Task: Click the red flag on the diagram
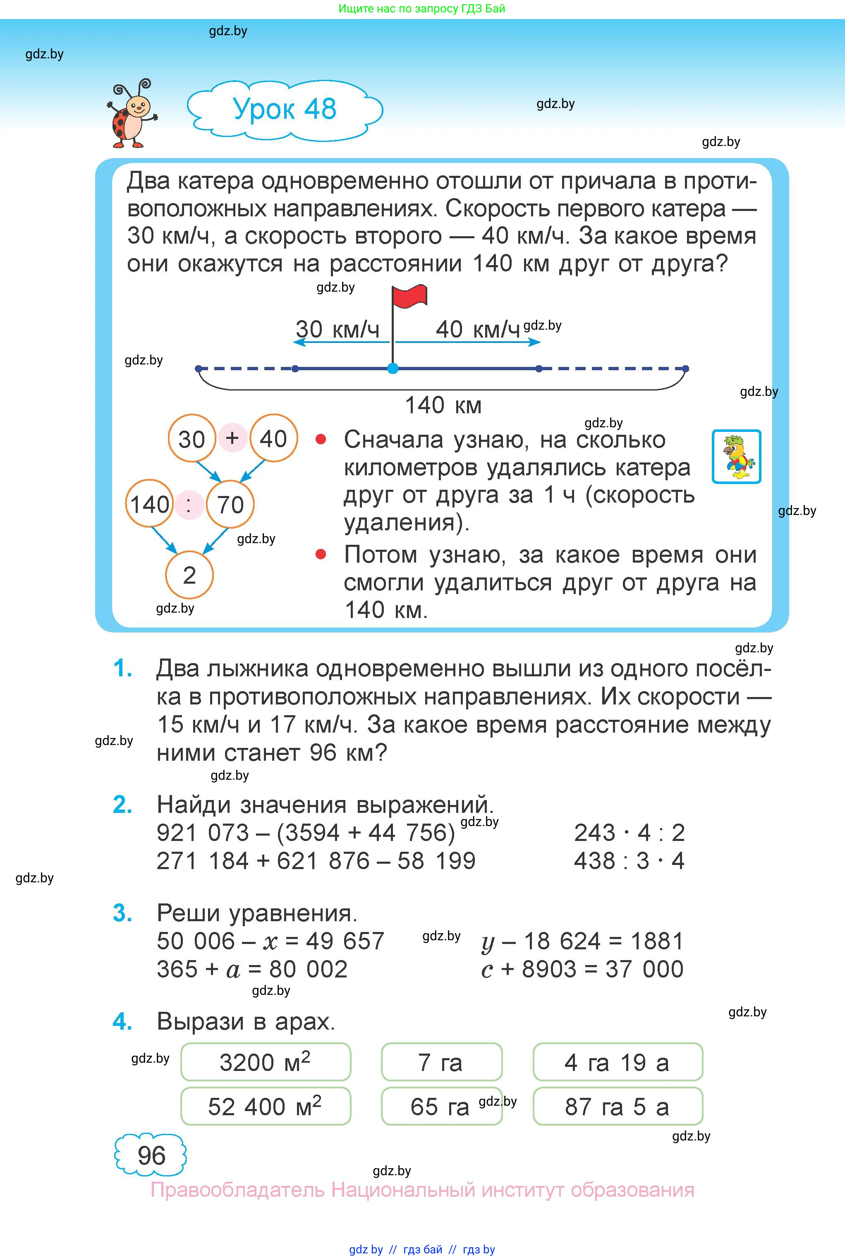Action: (409, 297)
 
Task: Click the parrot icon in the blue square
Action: (736, 456)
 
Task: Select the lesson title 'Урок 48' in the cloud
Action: (285, 109)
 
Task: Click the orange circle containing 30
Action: (192, 438)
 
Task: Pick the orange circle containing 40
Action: (273, 438)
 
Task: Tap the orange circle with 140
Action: (149, 504)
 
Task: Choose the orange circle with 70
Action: (230, 504)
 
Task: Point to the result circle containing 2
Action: (189, 575)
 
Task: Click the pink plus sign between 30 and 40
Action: (232, 438)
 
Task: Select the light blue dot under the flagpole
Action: (393, 369)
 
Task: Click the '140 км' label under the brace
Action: (443, 405)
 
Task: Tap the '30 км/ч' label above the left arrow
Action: (338, 329)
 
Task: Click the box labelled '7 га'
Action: (441, 1062)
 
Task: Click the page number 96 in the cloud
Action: (151, 1155)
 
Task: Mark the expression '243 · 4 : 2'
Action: (629, 833)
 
